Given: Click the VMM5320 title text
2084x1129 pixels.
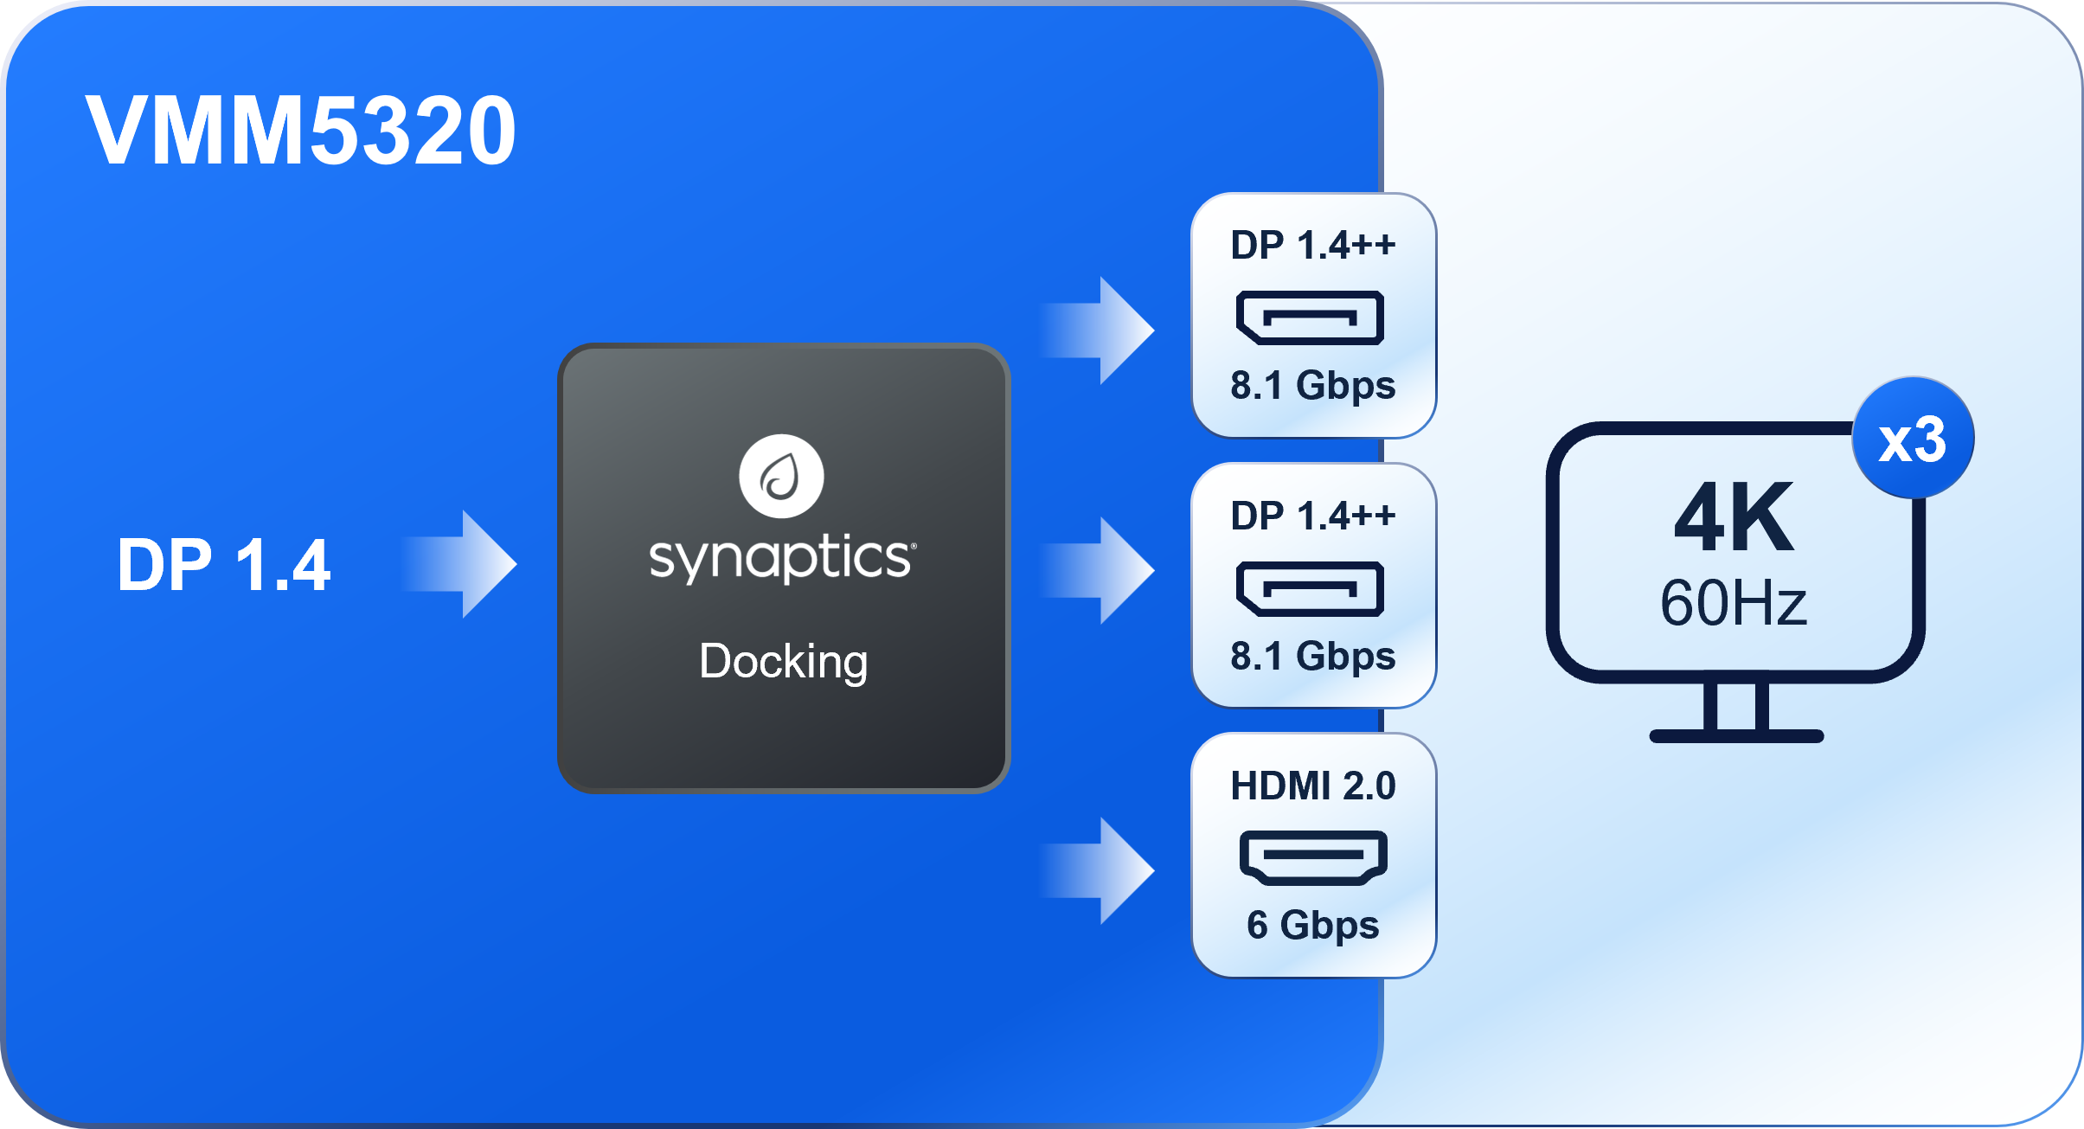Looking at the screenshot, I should pos(300,131).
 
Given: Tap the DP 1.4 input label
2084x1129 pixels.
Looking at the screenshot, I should pos(224,565).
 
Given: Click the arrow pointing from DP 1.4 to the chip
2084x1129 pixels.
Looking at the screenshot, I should pos(463,564).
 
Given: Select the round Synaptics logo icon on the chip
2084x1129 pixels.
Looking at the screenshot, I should pos(781,476).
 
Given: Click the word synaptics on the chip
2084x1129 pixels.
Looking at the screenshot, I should pos(782,557).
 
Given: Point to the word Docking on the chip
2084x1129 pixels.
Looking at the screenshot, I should pos(783,662).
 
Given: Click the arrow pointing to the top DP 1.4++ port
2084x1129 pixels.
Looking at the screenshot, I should pos(1102,330).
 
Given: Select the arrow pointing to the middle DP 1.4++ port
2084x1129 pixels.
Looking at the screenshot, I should pos(1102,570).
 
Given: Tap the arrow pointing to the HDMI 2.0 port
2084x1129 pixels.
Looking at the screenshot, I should pos(1102,870).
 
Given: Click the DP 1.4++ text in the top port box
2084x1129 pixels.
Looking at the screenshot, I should pos(1313,245).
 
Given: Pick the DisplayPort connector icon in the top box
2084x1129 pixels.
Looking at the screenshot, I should pos(1310,318).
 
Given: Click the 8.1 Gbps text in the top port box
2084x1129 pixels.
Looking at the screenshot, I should pos(1313,386).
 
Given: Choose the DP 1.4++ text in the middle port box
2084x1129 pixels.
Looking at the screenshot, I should pos(1313,516).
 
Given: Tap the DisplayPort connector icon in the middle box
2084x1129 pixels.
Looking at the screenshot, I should pos(1310,588).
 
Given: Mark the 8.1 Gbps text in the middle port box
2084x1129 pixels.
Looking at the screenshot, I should pos(1313,657).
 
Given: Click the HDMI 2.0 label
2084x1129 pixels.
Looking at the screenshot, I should pos(1313,786).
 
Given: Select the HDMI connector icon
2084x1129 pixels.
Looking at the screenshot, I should pos(1313,857).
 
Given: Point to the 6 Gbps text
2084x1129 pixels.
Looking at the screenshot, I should pos(1313,926).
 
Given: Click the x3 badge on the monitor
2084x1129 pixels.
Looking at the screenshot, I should pos(1913,439).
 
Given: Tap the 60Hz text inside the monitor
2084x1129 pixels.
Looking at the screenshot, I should pos(1734,603).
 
